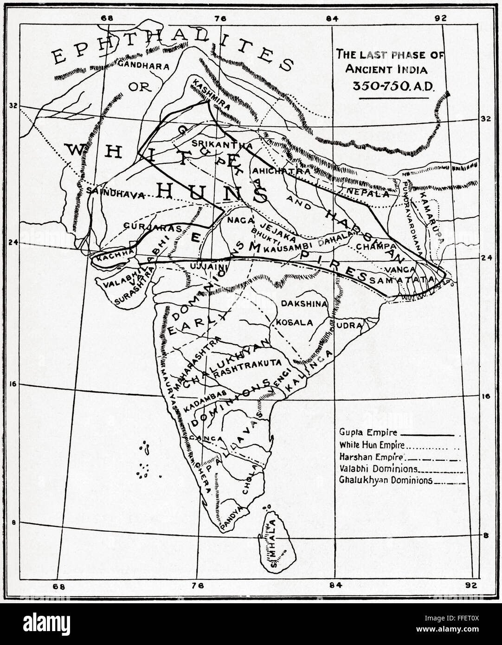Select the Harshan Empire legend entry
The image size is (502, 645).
pyautogui.click(x=366, y=457)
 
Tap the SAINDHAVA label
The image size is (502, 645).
pyautogui.click(x=113, y=195)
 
